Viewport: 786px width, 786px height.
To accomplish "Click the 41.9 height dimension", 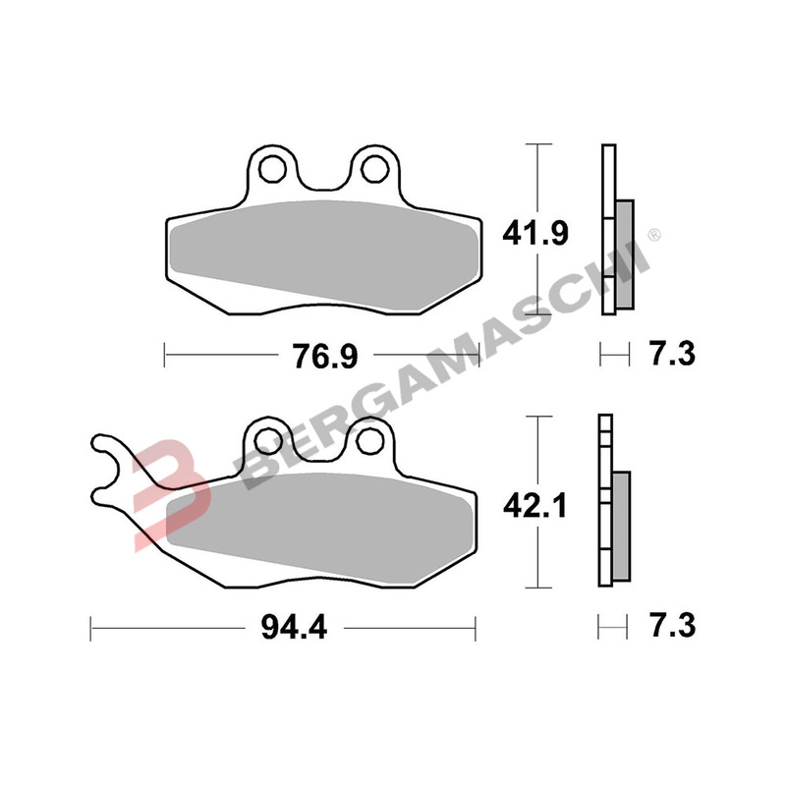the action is (x=535, y=234).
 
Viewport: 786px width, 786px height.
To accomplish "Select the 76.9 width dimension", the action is (x=325, y=356).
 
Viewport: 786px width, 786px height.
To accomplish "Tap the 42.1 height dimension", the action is (x=535, y=505).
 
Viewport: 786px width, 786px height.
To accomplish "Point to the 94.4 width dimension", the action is (x=294, y=627).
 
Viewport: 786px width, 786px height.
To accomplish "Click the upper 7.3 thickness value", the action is (x=673, y=354).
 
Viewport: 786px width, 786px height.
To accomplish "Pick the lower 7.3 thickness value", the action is (x=673, y=626).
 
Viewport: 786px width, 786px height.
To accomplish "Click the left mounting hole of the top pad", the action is (x=273, y=168).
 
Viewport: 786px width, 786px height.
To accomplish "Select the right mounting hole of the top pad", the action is (x=375, y=168).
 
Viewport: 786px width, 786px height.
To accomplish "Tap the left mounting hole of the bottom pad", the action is (x=267, y=440).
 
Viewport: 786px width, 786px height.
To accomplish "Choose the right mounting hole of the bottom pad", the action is (x=369, y=440).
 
